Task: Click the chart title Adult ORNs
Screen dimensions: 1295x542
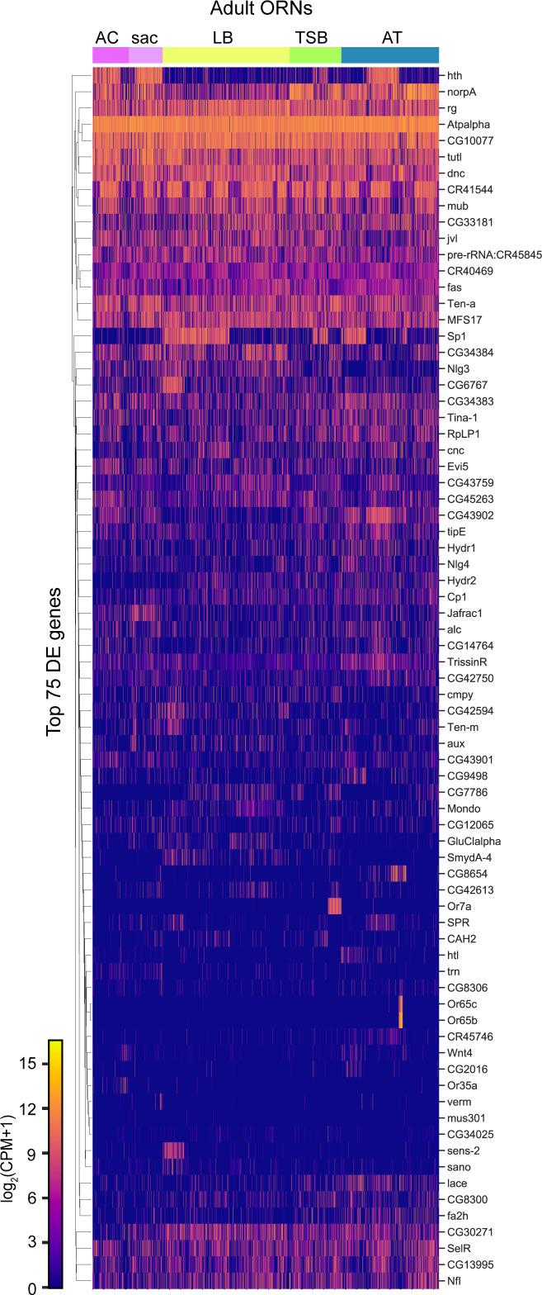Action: click(265, 11)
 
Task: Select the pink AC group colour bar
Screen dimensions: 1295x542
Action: click(111, 55)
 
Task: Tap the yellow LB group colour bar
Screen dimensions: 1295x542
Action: click(226, 55)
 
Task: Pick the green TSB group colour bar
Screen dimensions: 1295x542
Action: click(315, 55)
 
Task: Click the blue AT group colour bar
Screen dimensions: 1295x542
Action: click(390, 55)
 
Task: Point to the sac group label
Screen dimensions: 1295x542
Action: click(144, 37)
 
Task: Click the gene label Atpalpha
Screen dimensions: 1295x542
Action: click(468, 125)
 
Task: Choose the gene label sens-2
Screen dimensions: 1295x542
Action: click(464, 1150)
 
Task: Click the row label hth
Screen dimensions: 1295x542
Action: click(455, 76)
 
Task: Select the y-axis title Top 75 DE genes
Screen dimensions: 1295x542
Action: click(55, 662)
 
